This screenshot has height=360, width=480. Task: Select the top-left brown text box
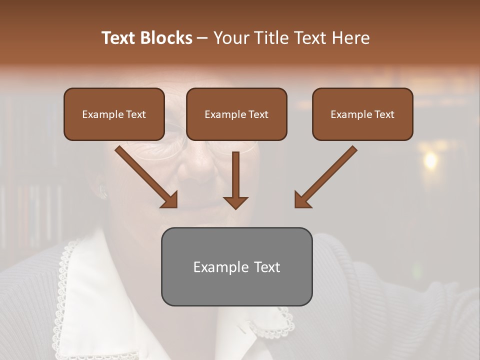coord(114,114)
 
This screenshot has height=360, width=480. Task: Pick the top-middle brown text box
coord(236,114)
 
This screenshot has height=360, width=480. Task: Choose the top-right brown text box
coord(362,114)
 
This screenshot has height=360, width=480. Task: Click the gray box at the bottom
coord(236,266)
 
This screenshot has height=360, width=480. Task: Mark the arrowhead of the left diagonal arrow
coord(170,200)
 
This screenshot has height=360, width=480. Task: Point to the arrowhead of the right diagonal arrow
coord(302,200)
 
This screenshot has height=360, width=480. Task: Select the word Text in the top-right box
coord(384,114)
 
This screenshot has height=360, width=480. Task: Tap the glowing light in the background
coord(430,160)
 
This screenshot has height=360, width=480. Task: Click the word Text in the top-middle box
coord(258,114)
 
